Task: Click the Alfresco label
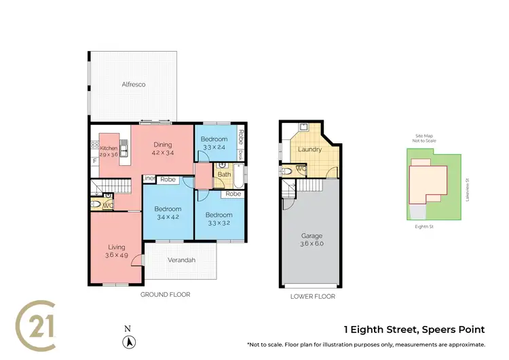(x=134, y=85)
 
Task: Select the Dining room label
(x=162, y=144)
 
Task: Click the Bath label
(x=223, y=175)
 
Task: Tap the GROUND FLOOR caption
(x=165, y=295)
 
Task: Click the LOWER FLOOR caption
(x=312, y=296)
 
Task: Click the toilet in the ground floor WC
(x=96, y=203)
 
